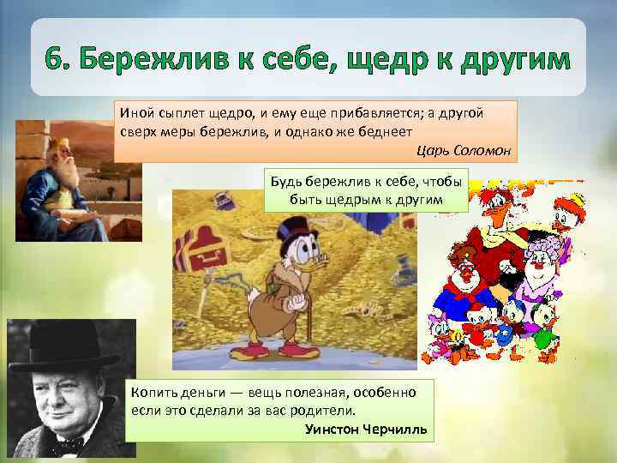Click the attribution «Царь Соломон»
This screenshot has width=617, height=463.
point(463,151)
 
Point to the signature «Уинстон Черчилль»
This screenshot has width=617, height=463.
point(366,428)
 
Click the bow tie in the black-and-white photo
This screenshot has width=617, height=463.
point(63,445)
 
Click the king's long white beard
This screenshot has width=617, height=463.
point(65,175)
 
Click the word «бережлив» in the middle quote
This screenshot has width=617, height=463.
point(339,183)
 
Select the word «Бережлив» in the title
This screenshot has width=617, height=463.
point(164,63)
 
